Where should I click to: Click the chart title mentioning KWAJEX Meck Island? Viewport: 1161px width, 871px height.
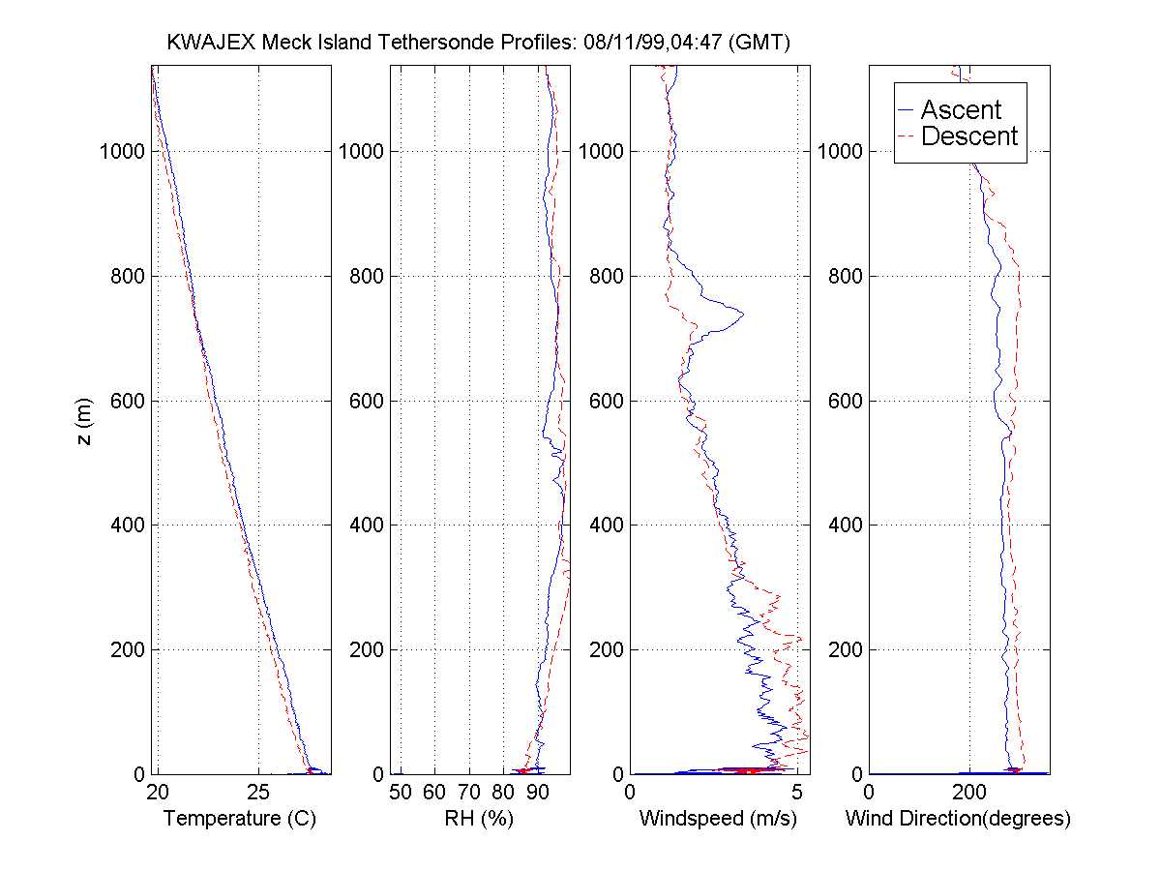479,43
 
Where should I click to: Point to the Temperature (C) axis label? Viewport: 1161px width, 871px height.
240,819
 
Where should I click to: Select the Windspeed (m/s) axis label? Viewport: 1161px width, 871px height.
718,819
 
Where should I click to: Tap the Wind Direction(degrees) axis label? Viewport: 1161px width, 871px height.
958,819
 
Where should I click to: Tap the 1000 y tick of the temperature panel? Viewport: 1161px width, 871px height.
122,152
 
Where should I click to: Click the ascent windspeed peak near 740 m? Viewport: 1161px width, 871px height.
742,313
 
